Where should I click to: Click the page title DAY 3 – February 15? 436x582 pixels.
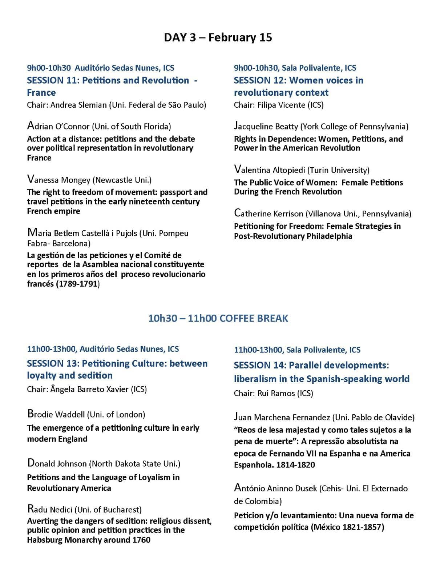point(218,37)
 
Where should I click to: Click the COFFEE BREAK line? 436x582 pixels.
point(218,318)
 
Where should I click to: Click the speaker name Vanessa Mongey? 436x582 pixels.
point(58,180)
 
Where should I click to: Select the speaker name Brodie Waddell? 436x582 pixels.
point(56,414)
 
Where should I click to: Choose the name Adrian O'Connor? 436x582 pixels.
point(58,127)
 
